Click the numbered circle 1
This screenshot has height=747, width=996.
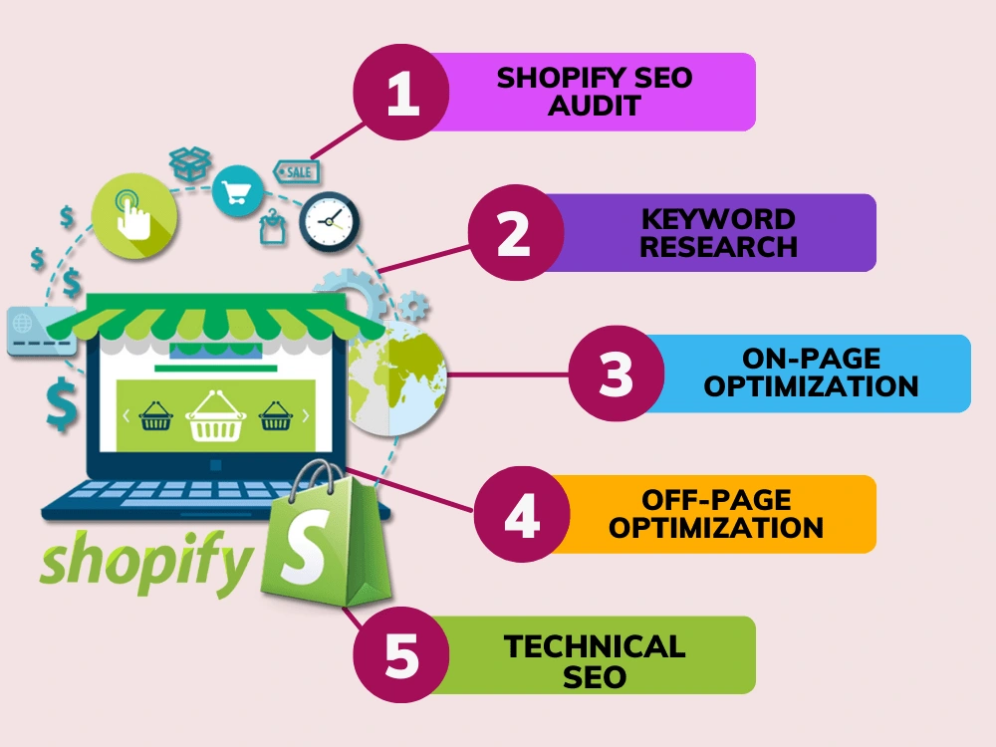401,93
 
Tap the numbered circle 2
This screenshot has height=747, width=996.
516,233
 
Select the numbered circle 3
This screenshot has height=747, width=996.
617,373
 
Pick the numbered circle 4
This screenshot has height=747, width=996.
522,515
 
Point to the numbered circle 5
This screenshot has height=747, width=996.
401,655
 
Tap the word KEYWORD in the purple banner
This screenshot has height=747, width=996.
718,219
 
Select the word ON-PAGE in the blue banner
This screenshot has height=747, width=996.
811,359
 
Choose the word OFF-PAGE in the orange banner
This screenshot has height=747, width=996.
716,500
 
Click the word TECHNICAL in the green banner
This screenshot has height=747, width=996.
595,647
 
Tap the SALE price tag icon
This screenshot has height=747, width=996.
296,171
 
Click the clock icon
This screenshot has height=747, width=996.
329,222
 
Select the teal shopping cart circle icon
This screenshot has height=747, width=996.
238,190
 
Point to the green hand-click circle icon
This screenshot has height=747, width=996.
134,216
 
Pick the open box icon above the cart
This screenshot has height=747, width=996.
190,162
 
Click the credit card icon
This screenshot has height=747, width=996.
41,331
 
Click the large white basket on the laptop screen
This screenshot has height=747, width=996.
215,416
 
